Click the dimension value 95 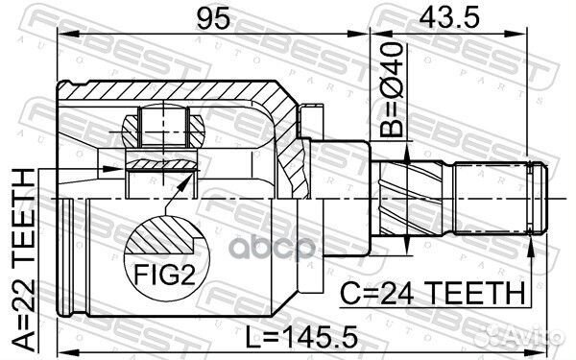tap(214, 16)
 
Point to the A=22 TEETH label tap(21, 254)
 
